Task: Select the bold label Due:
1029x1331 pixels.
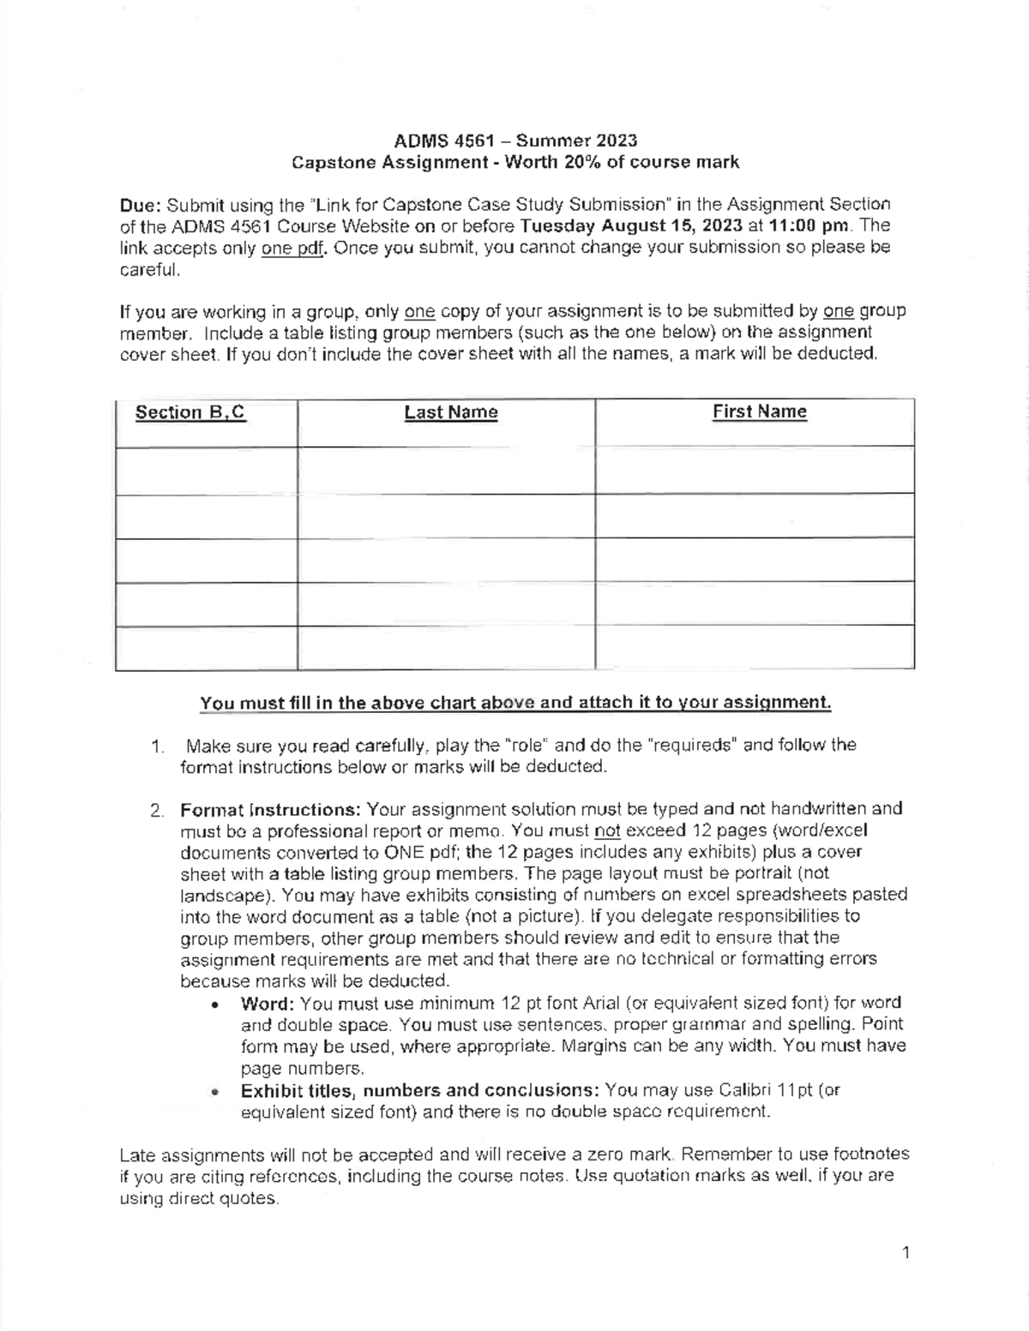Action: click(141, 206)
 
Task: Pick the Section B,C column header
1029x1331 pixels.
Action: click(190, 412)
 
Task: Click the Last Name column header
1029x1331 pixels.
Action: click(451, 412)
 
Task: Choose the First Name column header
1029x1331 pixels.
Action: click(759, 411)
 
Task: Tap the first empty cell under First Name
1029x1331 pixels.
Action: click(755, 470)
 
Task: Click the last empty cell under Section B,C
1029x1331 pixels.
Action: click(207, 647)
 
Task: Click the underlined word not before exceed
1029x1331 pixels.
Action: click(607, 830)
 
